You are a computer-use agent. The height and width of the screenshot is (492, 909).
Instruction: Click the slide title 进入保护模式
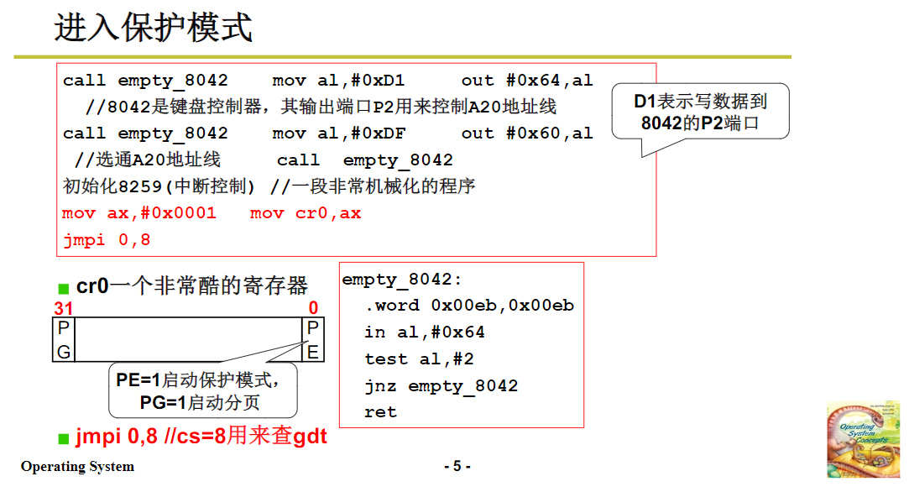(x=154, y=28)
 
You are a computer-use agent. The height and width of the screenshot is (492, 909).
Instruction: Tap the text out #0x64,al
(x=527, y=81)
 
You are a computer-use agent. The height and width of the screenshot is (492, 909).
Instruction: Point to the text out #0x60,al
(x=527, y=133)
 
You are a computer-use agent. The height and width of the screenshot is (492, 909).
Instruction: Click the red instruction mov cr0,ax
(x=306, y=213)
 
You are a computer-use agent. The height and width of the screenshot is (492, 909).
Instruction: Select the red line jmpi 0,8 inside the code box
(x=96, y=240)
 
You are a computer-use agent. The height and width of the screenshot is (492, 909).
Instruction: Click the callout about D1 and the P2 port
(x=700, y=113)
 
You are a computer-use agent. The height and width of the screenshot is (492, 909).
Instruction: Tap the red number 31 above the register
(x=64, y=308)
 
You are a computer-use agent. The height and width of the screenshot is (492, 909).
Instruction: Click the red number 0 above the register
(x=313, y=308)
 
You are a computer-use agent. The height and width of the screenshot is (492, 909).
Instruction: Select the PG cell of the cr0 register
(x=64, y=340)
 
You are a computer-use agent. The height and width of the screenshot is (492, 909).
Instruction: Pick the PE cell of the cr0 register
(x=312, y=340)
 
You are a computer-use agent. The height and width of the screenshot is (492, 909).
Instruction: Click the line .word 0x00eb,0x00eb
(x=469, y=306)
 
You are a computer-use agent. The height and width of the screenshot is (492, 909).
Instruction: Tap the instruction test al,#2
(x=419, y=359)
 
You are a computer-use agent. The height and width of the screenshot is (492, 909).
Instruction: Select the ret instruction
(x=380, y=412)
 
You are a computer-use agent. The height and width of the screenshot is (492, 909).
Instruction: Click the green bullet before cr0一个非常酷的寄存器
(x=63, y=288)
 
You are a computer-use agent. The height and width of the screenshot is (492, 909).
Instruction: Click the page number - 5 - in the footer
(x=457, y=466)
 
